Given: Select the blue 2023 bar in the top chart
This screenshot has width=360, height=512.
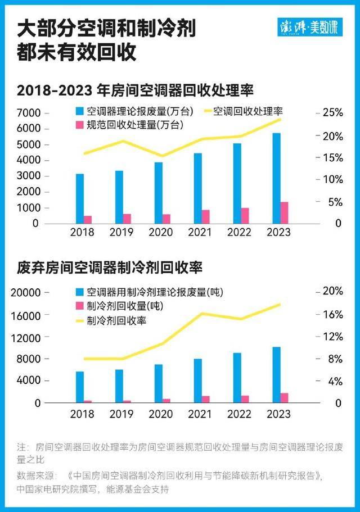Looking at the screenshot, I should [x=276, y=178].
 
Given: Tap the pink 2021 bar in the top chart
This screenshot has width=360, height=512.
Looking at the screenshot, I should [x=206, y=216].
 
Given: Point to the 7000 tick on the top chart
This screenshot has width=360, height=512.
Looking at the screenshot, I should [x=29, y=112].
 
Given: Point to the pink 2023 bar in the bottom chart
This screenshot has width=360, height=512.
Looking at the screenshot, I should [x=284, y=398].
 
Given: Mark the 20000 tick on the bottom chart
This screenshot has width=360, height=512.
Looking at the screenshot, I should [x=26, y=292].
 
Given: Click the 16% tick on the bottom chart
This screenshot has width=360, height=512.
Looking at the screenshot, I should [x=332, y=315].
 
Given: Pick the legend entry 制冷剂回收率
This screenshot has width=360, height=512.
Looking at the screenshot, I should [x=116, y=320].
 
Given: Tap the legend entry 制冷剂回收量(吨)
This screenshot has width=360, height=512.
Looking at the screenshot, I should [x=127, y=306].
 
